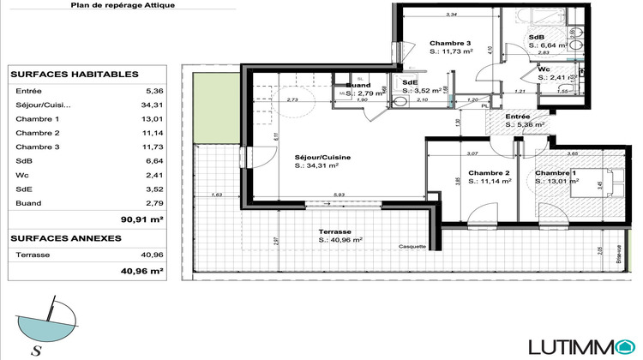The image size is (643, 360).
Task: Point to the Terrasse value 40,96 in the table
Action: tap(151, 255)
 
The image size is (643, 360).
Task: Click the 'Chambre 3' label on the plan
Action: tap(450, 44)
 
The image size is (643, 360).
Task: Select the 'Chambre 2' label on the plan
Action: tap(490, 172)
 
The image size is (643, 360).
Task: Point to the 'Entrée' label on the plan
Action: tap(517, 116)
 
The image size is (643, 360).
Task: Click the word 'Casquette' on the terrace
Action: tap(412, 246)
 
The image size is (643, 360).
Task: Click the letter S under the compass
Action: tap(37, 349)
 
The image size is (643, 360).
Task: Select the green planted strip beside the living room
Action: tap(207, 107)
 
